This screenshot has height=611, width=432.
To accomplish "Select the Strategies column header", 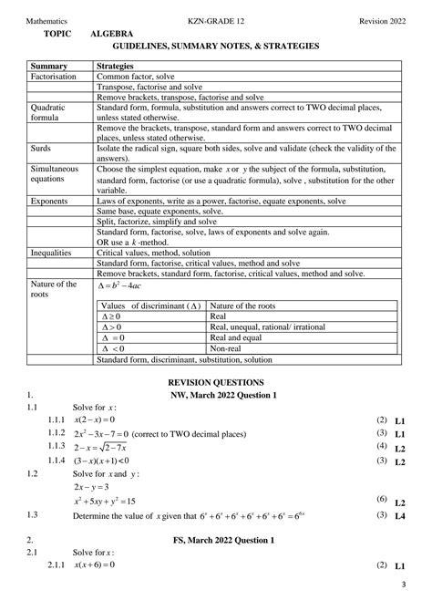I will coord(118,67).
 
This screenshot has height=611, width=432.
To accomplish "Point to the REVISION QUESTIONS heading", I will coord(215,382).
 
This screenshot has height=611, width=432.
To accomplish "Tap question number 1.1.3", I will coord(59,447).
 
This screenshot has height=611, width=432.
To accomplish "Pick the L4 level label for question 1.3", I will coord(400,516).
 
